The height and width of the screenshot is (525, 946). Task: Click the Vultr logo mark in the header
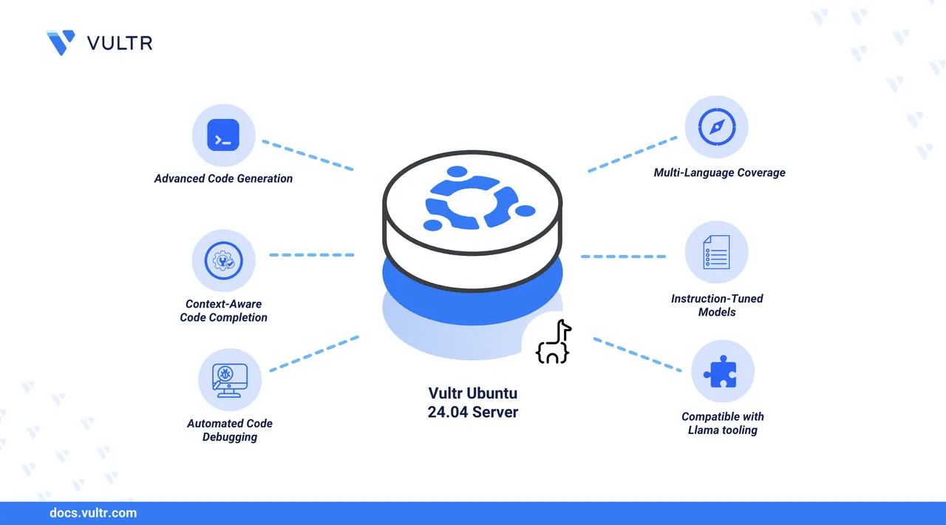(61, 43)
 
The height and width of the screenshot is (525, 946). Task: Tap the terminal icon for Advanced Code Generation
(223, 135)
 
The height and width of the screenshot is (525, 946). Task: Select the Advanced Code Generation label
(223, 178)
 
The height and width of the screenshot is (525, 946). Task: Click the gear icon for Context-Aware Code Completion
(223, 260)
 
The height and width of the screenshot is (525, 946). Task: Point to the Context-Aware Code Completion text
(223, 311)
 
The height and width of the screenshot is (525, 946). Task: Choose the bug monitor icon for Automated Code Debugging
(229, 380)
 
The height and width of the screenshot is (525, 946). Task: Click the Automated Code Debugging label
(230, 430)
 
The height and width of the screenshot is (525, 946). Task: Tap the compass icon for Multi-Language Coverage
(716, 127)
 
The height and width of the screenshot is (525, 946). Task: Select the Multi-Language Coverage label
(719, 172)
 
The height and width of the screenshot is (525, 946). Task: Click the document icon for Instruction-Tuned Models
(716, 252)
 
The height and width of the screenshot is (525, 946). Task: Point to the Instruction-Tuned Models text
(717, 305)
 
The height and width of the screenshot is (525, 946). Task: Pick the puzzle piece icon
(722, 372)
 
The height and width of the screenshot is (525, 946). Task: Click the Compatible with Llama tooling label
(722, 423)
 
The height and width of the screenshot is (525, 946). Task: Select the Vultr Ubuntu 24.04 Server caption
(473, 403)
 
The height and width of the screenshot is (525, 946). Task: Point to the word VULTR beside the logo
(120, 43)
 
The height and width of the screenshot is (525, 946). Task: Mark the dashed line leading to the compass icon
(633, 154)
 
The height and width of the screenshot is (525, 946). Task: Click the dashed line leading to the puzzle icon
(637, 354)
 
